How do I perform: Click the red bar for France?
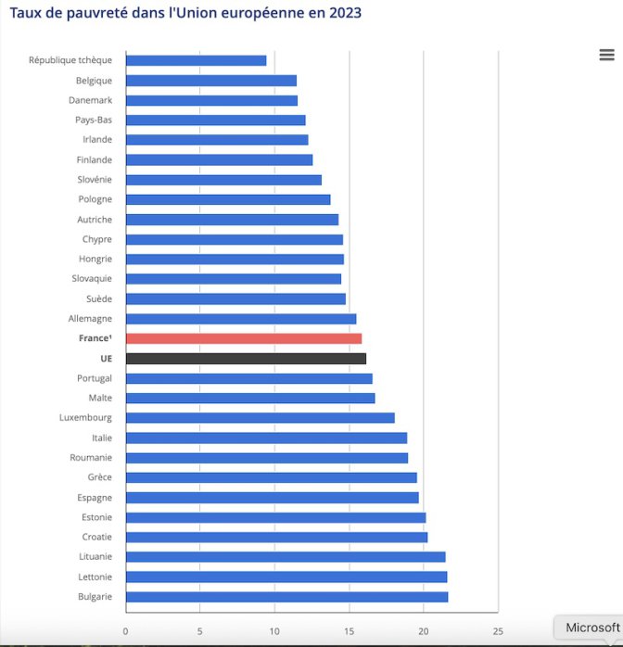point(243,338)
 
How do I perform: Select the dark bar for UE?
point(246,359)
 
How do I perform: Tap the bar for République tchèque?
point(196,60)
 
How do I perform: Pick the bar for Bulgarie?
point(286,596)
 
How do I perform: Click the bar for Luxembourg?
point(260,418)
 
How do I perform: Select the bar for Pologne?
point(228,199)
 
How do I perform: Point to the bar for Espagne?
point(272,498)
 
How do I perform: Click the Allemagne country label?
point(90,319)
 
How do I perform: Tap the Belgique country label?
point(94,81)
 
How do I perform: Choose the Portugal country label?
point(95,378)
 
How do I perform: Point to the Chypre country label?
point(96,239)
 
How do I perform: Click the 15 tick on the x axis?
point(350,632)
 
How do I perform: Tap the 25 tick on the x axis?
point(498,632)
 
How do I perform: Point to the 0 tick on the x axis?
point(126,632)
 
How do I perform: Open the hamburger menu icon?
point(607,56)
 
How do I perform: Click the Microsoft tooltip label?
point(592,628)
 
